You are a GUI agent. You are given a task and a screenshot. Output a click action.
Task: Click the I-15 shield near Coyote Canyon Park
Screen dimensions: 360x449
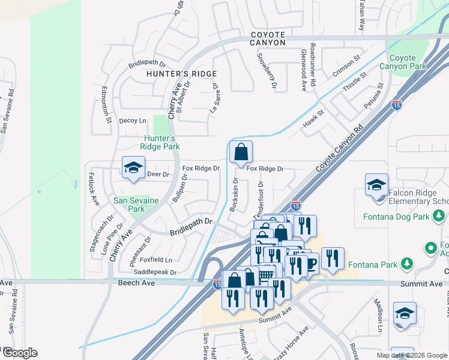(397, 105)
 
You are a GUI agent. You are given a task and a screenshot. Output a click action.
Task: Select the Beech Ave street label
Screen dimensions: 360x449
(133, 282)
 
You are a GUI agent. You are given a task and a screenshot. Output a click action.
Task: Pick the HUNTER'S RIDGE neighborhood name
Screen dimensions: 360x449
(172, 73)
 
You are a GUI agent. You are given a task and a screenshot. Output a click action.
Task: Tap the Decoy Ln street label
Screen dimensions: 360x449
(133, 121)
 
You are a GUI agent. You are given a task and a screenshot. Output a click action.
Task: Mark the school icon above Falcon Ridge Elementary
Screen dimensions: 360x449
(376, 185)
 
